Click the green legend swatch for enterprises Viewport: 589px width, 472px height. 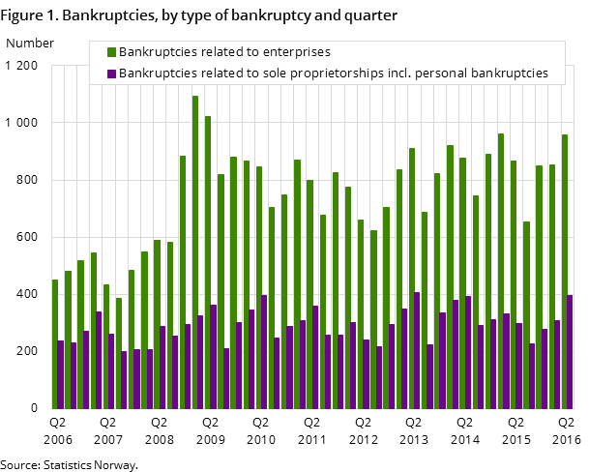tap(111, 52)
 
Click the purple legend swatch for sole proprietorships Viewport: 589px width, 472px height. tap(111, 74)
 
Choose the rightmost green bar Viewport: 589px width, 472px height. tap(565, 271)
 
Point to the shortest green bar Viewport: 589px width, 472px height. tap(119, 353)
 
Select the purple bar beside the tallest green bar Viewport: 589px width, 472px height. tap(200, 362)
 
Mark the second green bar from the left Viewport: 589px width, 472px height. tap(68, 339)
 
